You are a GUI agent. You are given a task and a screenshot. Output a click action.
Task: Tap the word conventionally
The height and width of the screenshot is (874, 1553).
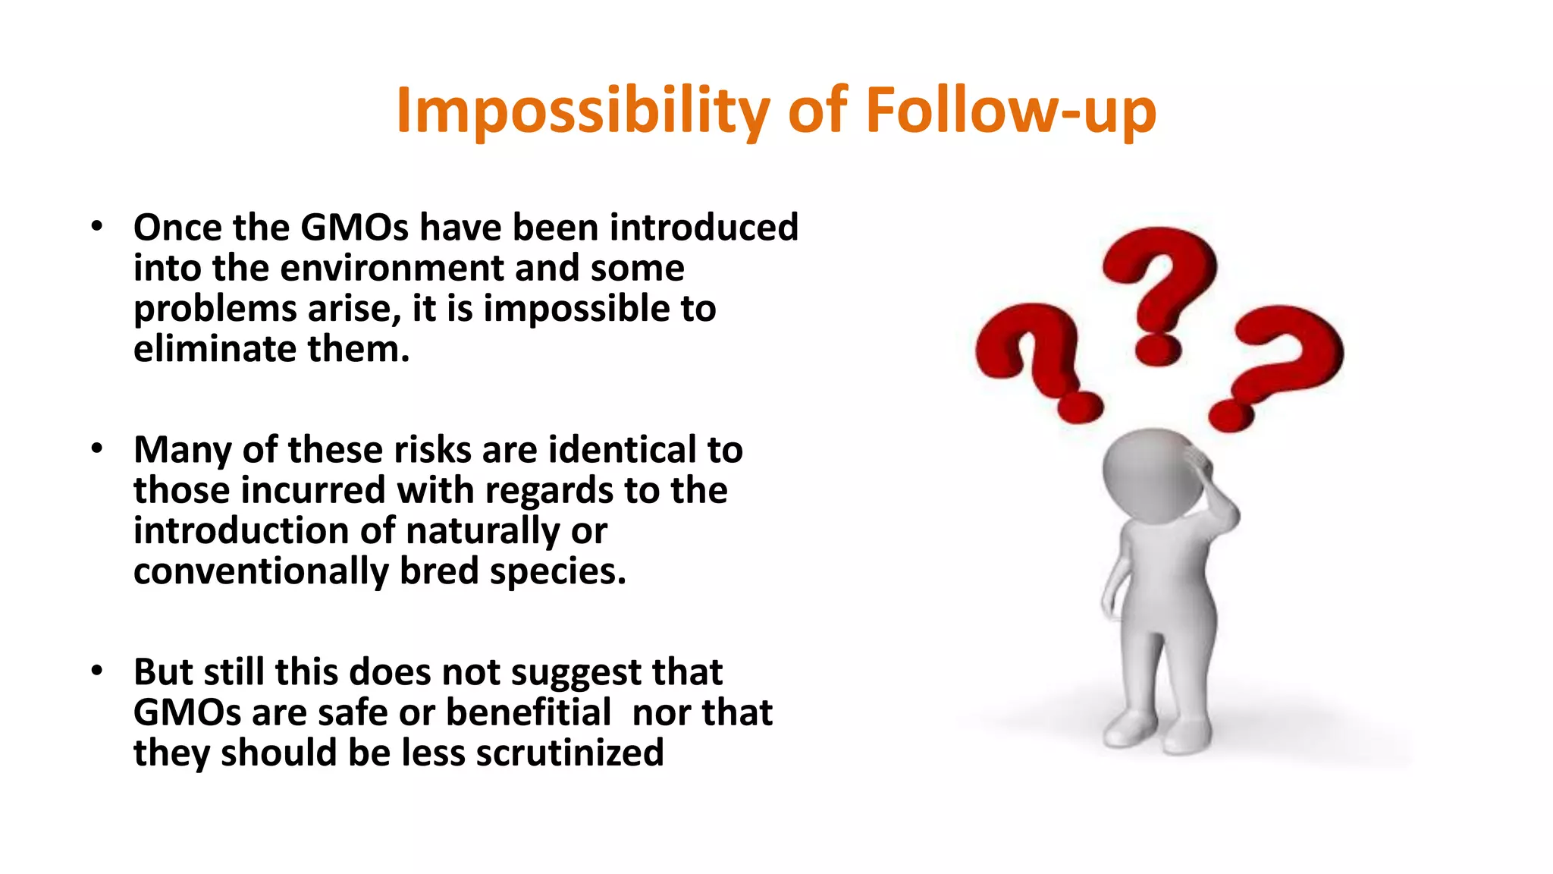click(x=261, y=571)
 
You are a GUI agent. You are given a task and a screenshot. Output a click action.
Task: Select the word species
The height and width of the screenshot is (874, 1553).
click(x=557, y=571)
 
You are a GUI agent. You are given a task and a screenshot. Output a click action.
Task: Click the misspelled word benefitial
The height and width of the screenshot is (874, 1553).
click(x=528, y=712)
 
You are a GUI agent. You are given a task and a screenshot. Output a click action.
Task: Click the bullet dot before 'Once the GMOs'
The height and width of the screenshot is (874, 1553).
click(x=96, y=226)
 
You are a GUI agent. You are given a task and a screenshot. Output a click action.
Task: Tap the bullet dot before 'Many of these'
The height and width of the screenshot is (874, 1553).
click(x=96, y=448)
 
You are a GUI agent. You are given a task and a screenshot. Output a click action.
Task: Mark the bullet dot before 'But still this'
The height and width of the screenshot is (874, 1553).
click(x=96, y=671)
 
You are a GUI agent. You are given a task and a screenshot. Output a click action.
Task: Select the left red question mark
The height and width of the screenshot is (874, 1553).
click(x=1035, y=357)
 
